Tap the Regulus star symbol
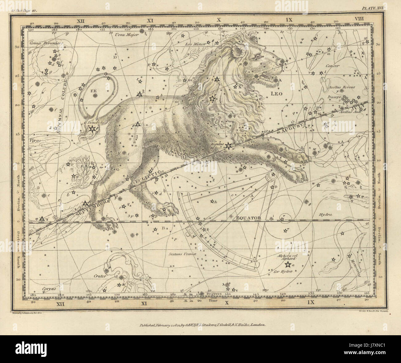click(x=228, y=145)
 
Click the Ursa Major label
click(x=130, y=35)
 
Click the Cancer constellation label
click(x=334, y=66)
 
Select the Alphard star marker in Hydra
click(x=288, y=265)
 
